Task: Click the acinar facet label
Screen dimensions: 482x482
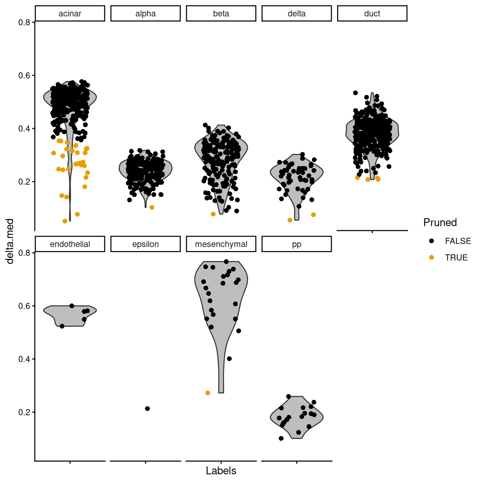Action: point(70,14)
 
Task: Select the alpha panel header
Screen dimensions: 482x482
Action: point(145,14)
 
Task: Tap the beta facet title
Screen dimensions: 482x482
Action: point(221,14)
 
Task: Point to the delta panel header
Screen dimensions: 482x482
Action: point(297,14)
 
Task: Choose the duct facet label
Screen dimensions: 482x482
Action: point(372,14)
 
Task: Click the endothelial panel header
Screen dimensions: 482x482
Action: point(70,244)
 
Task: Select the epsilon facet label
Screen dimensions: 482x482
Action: point(145,244)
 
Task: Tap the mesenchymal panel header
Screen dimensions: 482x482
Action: point(221,244)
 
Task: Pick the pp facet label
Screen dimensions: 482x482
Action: point(297,244)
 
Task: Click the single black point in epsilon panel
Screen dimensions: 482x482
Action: point(147,408)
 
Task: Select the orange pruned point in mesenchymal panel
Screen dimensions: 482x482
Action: point(208,393)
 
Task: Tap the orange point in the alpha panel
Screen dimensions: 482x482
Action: point(152,207)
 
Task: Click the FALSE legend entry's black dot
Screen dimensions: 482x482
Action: point(431,241)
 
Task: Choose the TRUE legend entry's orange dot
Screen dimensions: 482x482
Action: point(431,257)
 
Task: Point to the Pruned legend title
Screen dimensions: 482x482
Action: point(440,222)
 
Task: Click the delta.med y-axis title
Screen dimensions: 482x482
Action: point(10,241)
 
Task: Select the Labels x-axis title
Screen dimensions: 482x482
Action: point(221,471)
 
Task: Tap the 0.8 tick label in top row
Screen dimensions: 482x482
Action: point(24,22)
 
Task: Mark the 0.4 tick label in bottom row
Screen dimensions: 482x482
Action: point(24,359)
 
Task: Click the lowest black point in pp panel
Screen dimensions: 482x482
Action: point(281,438)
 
